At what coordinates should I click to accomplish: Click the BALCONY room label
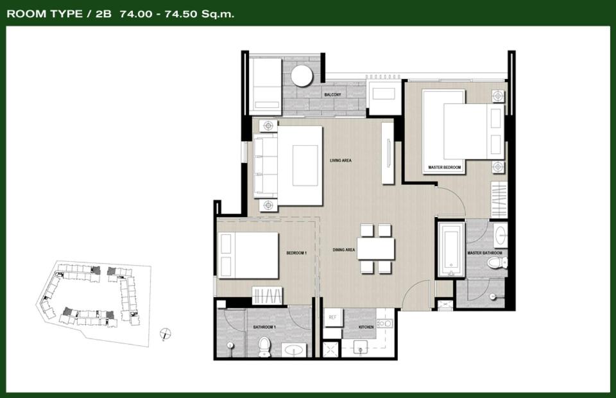[333, 95]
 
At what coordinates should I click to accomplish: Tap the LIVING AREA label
[341, 160]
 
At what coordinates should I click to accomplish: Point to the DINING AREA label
[344, 250]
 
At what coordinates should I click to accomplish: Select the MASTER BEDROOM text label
[444, 168]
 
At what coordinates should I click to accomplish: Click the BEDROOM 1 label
[296, 253]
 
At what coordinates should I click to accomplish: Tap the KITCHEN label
[366, 327]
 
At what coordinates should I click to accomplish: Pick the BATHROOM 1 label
[264, 327]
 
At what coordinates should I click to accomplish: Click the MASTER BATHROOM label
[485, 253]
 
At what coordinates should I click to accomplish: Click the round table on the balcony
[302, 76]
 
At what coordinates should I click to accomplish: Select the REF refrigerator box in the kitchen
[333, 318]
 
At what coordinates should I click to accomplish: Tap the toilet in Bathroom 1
[265, 347]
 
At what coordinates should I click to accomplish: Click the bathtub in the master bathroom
[451, 250]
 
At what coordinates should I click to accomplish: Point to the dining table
[376, 248]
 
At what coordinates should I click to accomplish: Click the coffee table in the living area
[305, 165]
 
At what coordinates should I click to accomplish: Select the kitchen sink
[360, 347]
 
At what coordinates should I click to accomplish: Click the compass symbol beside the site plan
[166, 334]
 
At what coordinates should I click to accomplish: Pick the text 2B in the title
[104, 14]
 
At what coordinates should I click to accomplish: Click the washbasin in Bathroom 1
[294, 349]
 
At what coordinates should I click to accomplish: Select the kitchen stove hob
[384, 324]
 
